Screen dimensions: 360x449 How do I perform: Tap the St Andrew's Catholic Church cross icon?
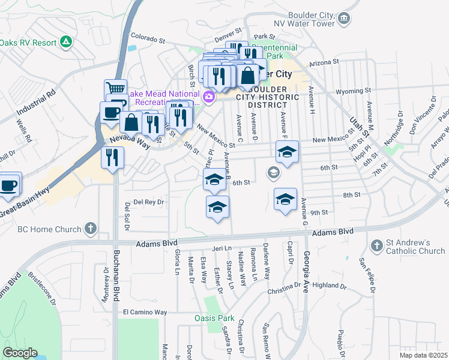377,245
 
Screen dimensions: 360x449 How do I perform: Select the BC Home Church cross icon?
90,229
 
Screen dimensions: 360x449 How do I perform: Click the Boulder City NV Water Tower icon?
343,19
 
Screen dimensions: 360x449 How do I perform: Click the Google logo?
20,353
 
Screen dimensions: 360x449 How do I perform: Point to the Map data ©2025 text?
423,355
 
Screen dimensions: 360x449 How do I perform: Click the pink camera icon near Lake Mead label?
209,97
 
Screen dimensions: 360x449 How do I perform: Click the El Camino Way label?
145,312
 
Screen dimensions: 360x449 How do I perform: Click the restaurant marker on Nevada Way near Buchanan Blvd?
112,158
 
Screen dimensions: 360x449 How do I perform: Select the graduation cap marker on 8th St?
286,199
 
